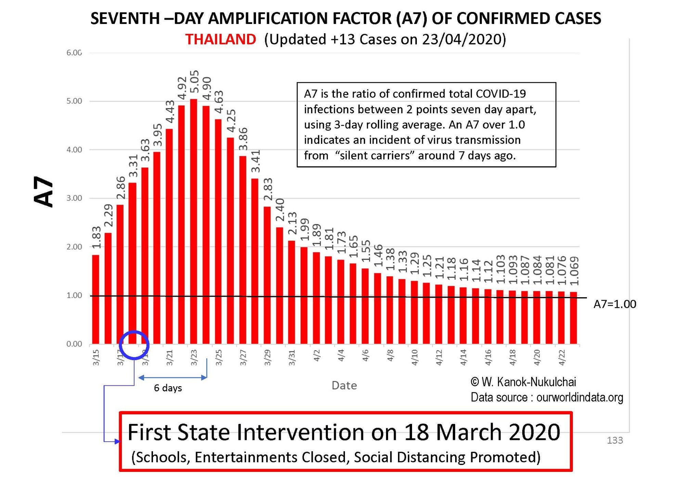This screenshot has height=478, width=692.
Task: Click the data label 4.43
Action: tap(170, 112)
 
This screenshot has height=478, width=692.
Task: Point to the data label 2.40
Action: tap(280, 210)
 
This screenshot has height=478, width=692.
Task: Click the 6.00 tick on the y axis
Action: tap(74, 53)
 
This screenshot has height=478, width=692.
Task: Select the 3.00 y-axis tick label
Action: tap(74, 198)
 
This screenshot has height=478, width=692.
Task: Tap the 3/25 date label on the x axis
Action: tap(218, 357)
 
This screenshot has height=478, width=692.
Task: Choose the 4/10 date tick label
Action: tap(414, 357)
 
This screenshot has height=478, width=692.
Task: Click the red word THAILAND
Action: tap(220, 39)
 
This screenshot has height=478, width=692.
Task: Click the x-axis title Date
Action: tap(344, 386)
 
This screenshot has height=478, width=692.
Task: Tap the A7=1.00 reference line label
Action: tap(615, 304)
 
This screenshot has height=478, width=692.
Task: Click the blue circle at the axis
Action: tap(134, 345)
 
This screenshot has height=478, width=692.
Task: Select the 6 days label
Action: tap(168, 388)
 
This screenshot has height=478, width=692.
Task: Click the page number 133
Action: tap(615, 440)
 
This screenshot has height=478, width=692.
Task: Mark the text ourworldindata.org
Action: tap(579, 397)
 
